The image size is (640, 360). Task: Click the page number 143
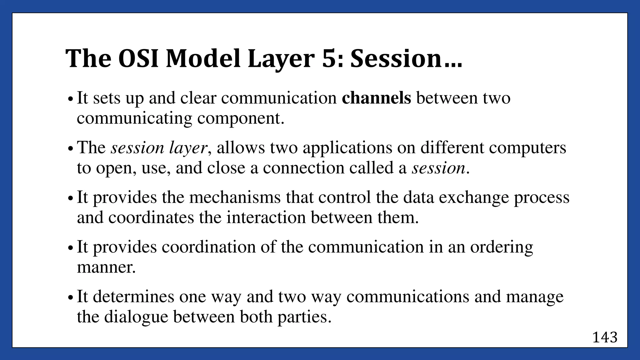(605, 337)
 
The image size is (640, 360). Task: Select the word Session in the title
(395, 59)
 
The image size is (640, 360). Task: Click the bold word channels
(376, 98)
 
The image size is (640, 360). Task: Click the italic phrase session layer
(159, 147)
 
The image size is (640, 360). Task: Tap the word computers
(527, 147)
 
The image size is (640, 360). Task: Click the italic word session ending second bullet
(438, 168)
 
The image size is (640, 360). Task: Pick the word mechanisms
(235, 197)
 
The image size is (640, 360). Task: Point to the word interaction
(266, 217)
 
